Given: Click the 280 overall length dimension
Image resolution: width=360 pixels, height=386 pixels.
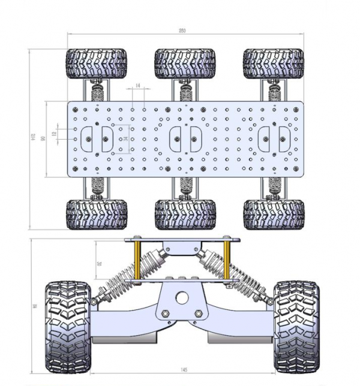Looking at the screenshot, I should [x=182, y=31].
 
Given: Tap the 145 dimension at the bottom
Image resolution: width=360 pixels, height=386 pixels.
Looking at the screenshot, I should [x=182, y=371].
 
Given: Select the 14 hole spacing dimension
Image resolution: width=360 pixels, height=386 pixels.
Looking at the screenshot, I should [x=138, y=87].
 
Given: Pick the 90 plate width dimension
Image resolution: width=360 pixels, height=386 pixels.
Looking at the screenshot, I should [x=43, y=138].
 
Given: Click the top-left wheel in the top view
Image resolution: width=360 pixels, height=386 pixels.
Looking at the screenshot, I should [x=96, y=64].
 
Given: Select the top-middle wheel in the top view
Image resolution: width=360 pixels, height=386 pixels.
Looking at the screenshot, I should [x=185, y=64].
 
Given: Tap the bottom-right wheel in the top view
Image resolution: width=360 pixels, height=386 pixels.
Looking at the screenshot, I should [x=274, y=214].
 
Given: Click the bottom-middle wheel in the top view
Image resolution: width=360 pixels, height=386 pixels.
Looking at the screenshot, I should [x=185, y=214].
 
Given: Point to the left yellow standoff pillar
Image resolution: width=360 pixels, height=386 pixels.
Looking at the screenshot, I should [x=138, y=259].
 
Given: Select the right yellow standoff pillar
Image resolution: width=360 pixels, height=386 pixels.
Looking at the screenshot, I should [x=227, y=259].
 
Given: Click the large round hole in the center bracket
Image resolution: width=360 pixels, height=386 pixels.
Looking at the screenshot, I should [x=182, y=298].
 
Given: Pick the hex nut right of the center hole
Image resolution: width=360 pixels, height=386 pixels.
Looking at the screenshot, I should [x=198, y=313].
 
